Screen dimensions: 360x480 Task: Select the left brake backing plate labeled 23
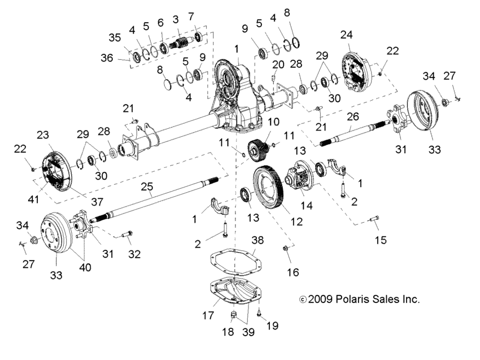tap(56, 170)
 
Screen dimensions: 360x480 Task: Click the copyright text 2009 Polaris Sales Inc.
tap(359, 299)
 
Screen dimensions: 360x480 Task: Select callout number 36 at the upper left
tap(106, 57)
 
